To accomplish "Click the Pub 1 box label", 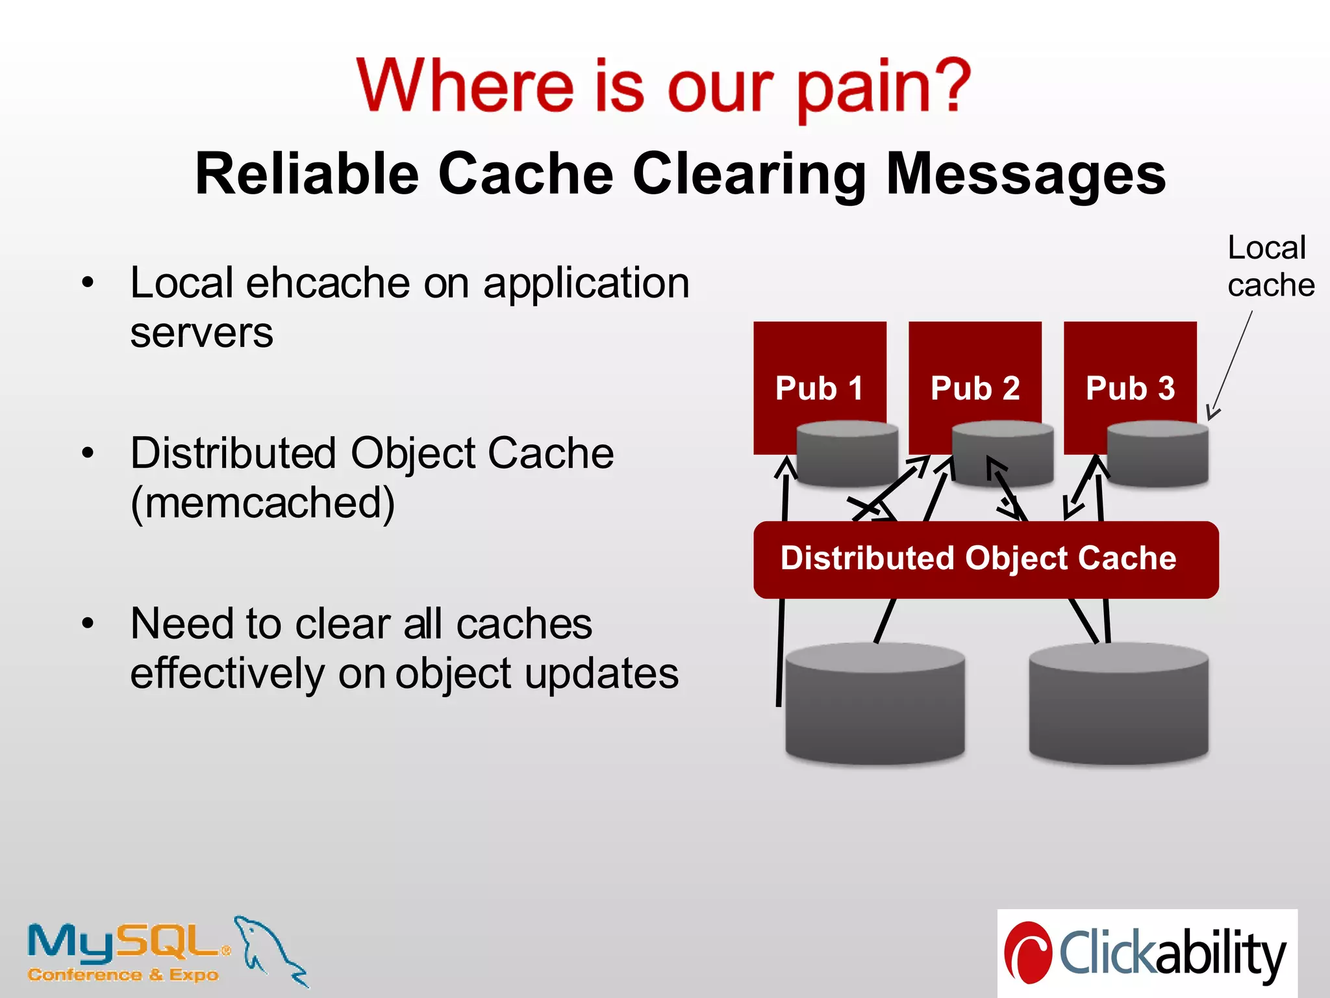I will point(819,389).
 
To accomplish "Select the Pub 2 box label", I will point(975,389).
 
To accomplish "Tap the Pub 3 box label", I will point(1130,389).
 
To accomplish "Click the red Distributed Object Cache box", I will point(985,559).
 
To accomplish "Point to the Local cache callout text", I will point(1270,266).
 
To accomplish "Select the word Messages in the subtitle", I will point(1025,174).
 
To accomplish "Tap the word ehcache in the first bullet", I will point(328,283).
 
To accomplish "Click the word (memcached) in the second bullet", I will point(262,504).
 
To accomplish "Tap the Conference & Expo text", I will point(123,975).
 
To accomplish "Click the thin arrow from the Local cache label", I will point(1231,364).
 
